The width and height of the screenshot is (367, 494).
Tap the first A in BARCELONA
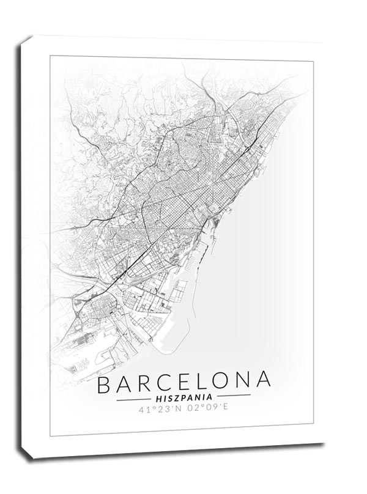pos(125,381)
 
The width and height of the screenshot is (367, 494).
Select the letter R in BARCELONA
pos(146,381)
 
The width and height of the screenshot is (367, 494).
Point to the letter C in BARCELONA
pos(167,381)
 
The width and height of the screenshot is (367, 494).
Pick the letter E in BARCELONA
pos(187,381)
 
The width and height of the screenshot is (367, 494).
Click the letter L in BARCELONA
pos(204,381)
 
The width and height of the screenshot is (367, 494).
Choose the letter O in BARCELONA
pos(223,381)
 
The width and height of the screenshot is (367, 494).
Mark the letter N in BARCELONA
pos(245,381)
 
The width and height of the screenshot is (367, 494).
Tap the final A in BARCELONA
pos(264,381)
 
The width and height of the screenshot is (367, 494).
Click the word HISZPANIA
pos(184,396)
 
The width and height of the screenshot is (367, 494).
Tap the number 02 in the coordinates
pos(191,407)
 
